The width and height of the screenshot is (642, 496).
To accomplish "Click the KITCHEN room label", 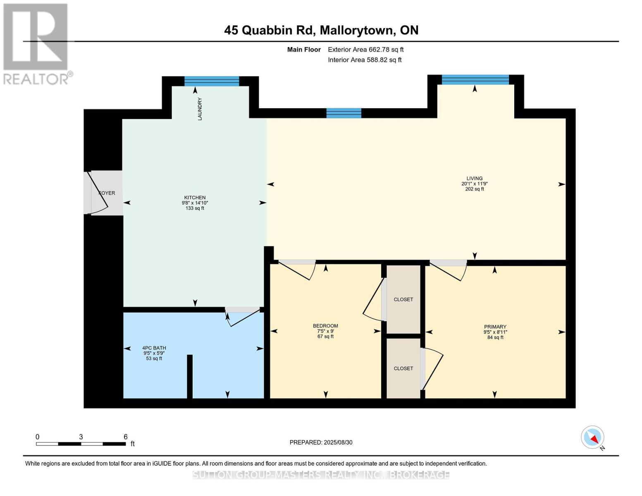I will coord(195,198).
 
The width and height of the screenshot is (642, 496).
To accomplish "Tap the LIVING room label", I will coord(475,179).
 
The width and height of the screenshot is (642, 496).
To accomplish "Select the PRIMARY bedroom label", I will coord(495,327).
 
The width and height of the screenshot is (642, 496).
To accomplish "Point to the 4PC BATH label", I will coord(154,348).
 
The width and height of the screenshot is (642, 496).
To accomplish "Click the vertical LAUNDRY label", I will coord(200,109).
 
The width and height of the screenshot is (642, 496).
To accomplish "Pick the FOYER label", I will coord(107,193).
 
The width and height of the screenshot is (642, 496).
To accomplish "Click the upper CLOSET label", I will coord(403,299).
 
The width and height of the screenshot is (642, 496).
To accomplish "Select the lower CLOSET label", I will coord(403,368).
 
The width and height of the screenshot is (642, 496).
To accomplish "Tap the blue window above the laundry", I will coord(212,81).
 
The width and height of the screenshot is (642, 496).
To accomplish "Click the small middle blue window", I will coord(344,113).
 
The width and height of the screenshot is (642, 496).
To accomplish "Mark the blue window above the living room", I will coord(475,79).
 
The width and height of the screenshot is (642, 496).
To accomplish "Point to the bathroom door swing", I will coord(244,317).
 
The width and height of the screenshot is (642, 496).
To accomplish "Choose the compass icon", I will coord(593,437).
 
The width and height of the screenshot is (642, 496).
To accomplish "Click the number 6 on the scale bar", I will coord(125,437).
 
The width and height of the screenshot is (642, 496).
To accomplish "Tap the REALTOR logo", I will coord(36,43).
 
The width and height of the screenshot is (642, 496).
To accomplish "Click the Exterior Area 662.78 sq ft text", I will coord(365,50).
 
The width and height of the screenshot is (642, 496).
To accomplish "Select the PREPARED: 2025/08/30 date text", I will coord(321,442).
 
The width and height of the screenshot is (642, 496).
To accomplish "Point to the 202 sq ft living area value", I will coord(475,189).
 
